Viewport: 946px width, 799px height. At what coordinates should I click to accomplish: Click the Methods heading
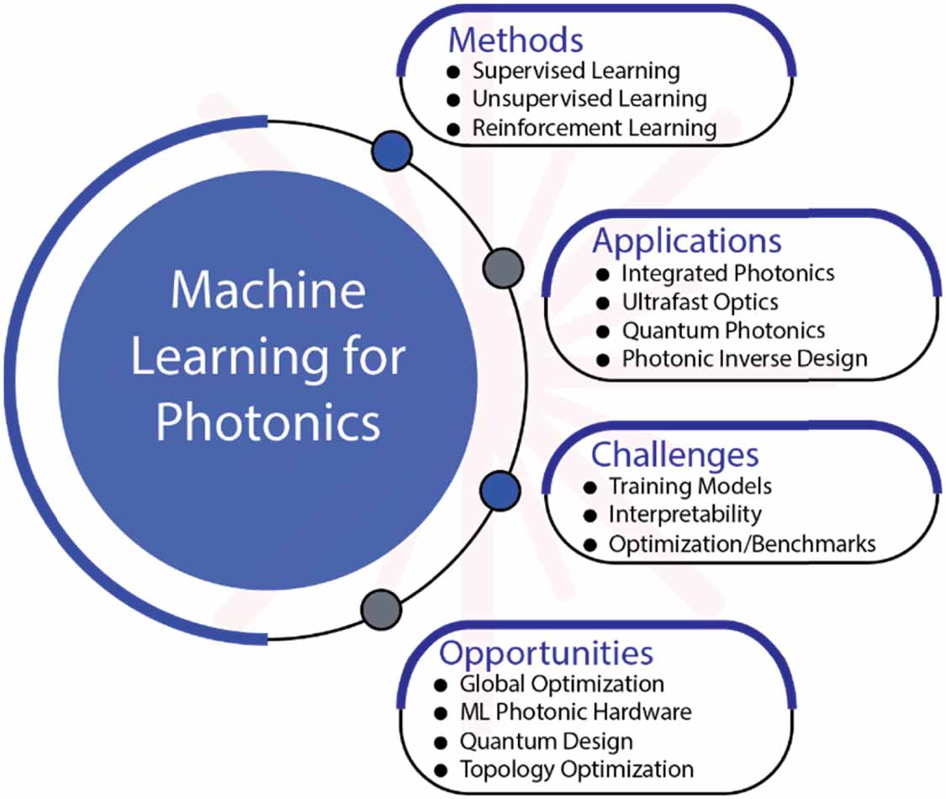[x=515, y=40]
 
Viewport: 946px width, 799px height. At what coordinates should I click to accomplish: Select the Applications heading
[x=687, y=241]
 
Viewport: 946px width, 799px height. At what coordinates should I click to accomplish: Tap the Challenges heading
[x=674, y=455]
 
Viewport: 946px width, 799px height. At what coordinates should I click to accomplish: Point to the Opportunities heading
[x=546, y=653]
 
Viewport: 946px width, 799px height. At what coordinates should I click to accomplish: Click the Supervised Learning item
[x=576, y=71]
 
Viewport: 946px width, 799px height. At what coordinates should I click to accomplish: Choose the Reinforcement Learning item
[x=594, y=129]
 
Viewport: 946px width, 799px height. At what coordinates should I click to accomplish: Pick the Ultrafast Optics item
[x=700, y=301]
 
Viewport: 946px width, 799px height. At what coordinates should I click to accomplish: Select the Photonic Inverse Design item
[x=744, y=358]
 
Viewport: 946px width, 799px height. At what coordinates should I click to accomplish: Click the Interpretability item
[x=685, y=514]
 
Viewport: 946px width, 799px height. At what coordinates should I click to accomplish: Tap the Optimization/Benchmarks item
[x=742, y=543]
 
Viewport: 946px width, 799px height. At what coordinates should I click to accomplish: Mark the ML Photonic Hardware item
[x=575, y=712]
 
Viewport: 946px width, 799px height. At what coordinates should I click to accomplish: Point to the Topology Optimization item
[x=576, y=769]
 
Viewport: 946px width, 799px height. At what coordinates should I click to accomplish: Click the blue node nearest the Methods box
[x=392, y=151]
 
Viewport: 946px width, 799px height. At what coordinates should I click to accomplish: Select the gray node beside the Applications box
[x=504, y=268]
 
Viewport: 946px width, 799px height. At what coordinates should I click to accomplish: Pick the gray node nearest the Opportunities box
[x=381, y=608]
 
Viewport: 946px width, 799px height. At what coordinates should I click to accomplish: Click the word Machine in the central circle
[x=268, y=289]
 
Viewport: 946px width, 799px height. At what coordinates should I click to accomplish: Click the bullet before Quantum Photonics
[x=602, y=331]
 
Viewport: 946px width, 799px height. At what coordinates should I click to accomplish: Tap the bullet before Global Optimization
[x=441, y=684]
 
